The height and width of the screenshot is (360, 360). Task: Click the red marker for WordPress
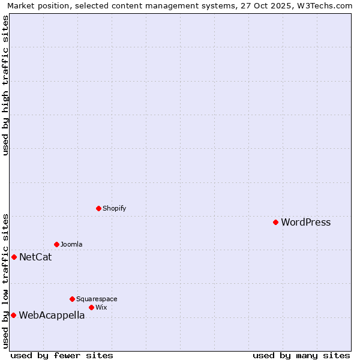click(275, 222)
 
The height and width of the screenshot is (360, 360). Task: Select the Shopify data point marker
click(98, 208)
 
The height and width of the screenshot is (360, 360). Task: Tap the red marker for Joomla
click(56, 244)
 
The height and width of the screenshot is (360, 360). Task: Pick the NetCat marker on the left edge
click(14, 257)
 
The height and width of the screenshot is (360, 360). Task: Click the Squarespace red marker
click(72, 299)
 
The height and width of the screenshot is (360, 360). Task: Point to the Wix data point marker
click(91, 307)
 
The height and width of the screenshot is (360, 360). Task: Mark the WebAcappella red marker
click(13, 315)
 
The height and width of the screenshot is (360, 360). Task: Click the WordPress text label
click(305, 223)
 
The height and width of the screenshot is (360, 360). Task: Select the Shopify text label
click(114, 208)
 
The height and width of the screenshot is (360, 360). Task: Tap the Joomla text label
click(71, 244)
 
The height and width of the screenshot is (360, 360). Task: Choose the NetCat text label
click(35, 257)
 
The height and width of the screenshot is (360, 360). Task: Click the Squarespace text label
click(97, 299)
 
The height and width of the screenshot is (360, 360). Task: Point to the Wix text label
click(101, 307)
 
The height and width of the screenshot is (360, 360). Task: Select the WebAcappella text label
click(52, 316)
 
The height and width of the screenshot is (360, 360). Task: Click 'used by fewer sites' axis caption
click(62, 355)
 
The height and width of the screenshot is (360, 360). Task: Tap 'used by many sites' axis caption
click(301, 355)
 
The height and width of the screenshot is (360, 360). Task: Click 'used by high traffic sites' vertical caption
click(6, 85)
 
